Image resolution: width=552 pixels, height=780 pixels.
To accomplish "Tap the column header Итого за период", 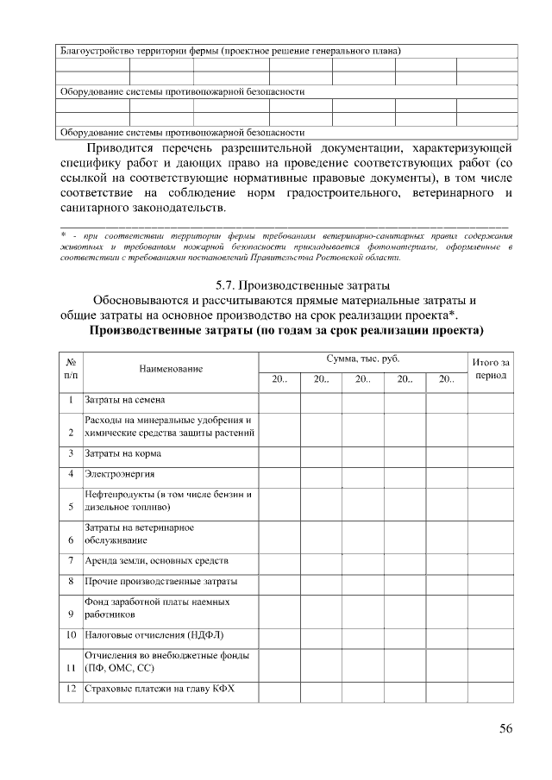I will pyautogui.click(x=491, y=370).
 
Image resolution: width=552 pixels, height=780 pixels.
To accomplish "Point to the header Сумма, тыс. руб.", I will pyautogui.click(x=362, y=358).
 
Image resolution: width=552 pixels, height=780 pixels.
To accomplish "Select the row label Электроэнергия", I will pyautogui.click(x=119, y=473).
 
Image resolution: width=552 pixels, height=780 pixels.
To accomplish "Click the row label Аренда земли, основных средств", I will pyautogui.click(x=156, y=560).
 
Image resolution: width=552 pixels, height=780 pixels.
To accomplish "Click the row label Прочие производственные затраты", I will pyautogui.click(x=160, y=582).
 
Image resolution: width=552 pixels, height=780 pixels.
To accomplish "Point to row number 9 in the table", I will pyautogui.click(x=70, y=615).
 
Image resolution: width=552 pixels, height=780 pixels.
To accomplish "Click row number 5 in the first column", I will pyautogui.click(x=70, y=508).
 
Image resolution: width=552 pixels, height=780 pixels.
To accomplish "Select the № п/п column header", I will pyautogui.click(x=71, y=369).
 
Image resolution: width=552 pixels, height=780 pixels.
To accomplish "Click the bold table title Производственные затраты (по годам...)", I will pyautogui.click(x=285, y=330).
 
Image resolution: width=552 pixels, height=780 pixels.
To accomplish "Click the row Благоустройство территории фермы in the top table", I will pyautogui.click(x=229, y=50).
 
